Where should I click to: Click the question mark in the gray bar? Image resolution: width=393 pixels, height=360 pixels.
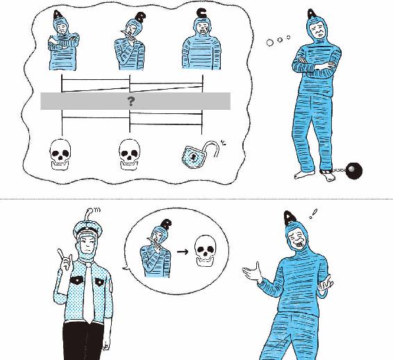point(131,101)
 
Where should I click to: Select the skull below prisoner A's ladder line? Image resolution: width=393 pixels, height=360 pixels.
point(60,155)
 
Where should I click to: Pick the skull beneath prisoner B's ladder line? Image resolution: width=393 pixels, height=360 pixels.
point(129,155)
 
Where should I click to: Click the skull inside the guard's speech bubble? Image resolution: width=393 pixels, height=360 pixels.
point(206,251)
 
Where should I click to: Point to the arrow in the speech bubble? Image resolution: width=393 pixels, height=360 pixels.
point(183,252)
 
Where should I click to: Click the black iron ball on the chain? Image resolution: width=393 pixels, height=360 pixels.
point(353,170)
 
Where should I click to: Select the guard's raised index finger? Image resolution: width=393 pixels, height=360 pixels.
point(61,256)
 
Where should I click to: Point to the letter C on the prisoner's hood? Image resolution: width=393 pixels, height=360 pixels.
point(201,13)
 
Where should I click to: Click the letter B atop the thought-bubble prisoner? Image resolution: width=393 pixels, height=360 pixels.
point(140,17)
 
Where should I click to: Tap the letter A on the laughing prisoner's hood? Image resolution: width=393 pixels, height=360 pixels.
point(290,218)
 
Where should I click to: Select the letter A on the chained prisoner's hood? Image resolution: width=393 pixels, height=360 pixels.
point(312,15)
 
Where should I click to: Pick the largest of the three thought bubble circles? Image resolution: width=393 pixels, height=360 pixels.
point(270,42)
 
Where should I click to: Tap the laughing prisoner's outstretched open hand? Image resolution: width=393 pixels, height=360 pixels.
point(252,272)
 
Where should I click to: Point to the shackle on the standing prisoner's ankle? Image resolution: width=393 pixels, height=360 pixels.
point(326,172)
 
